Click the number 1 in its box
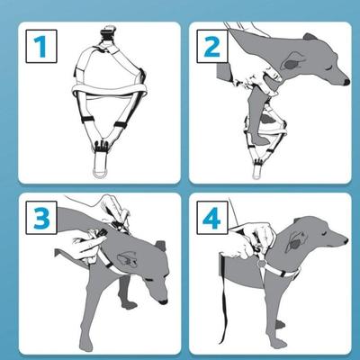tap(40, 47)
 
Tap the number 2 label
tap(212, 47)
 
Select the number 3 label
tap(41, 218)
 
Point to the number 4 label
tap(211, 218)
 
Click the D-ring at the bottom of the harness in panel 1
tap(101, 174)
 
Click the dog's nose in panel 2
tap(346, 82)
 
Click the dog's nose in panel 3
tap(164, 301)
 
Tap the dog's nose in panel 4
tap(346, 240)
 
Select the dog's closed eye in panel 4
tap(324, 232)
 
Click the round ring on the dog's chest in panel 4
tap(262, 263)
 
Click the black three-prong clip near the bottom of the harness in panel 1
tap(101, 144)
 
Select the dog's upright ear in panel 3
tap(161, 246)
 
